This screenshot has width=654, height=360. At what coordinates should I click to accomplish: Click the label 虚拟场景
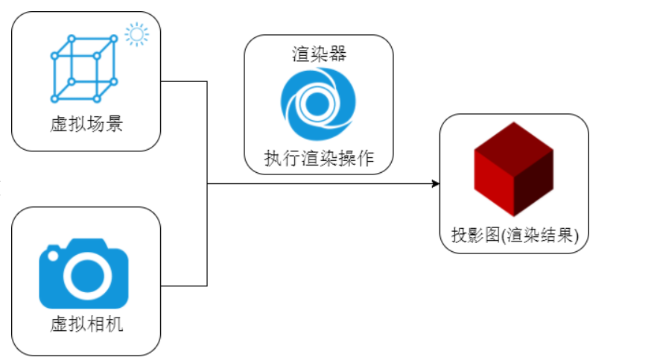pyautogui.click(x=86, y=124)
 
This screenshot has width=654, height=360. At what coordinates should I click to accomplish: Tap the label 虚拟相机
pyautogui.click(x=86, y=324)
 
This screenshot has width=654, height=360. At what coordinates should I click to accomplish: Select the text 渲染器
pyautogui.click(x=319, y=54)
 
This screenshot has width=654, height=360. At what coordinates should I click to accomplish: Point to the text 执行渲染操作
pyautogui.click(x=319, y=158)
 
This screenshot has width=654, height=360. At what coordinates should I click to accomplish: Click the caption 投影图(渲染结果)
pyautogui.click(x=515, y=236)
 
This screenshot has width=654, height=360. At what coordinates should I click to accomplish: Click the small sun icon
pyautogui.click(x=137, y=34)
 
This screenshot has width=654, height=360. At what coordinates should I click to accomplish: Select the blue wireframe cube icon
pyautogui.click(x=84, y=69)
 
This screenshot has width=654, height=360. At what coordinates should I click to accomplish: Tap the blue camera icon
pyautogui.click(x=84, y=274)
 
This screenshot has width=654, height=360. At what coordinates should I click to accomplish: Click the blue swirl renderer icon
pyautogui.click(x=318, y=104)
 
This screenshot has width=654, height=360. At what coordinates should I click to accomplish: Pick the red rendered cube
pyautogui.click(x=514, y=169)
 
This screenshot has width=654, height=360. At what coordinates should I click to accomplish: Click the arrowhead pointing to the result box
pyautogui.click(x=436, y=183)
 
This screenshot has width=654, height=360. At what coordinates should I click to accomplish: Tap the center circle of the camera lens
pyautogui.click(x=88, y=276)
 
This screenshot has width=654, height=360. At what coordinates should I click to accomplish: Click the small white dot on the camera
pyautogui.click(x=53, y=256)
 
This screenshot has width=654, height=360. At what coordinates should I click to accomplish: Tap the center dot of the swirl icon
pyautogui.click(x=317, y=104)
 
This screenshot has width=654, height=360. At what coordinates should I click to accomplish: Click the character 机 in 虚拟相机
pyautogui.click(x=114, y=324)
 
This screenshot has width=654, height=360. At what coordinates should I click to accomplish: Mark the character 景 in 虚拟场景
pyautogui.click(x=114, y=124)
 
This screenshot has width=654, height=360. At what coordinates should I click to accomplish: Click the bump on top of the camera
pyautogui.click(x=87, y=244)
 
